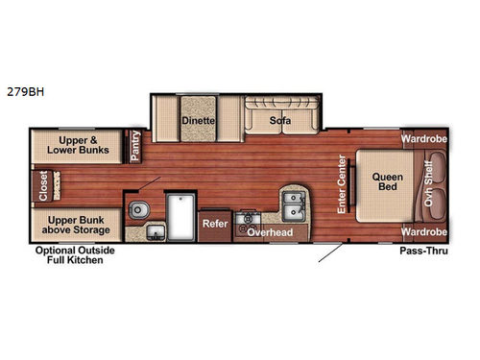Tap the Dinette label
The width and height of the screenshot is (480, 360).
click(198, 120)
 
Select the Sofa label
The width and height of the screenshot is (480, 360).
click(279, 120)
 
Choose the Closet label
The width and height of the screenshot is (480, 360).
click(41, 187)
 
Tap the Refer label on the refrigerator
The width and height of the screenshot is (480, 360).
click(213, 223)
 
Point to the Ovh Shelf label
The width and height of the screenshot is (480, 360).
click(429, 183)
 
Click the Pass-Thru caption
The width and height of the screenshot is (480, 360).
click(420, 250)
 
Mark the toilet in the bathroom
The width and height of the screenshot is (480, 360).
click(140, 208)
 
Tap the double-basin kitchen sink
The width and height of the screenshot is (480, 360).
click(293, 203)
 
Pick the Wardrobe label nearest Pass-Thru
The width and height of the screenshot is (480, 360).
click(424, 232)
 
